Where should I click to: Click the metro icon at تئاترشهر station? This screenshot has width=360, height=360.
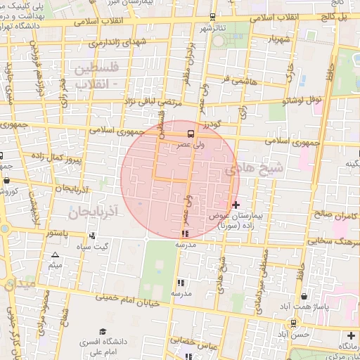(x=213, y=17)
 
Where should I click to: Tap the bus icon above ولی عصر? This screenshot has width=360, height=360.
(x=190, y=133)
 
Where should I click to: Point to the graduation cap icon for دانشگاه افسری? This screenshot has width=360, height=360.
(x=103, y=331)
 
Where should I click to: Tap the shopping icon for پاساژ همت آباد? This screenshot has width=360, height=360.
(x=303, y=297)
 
